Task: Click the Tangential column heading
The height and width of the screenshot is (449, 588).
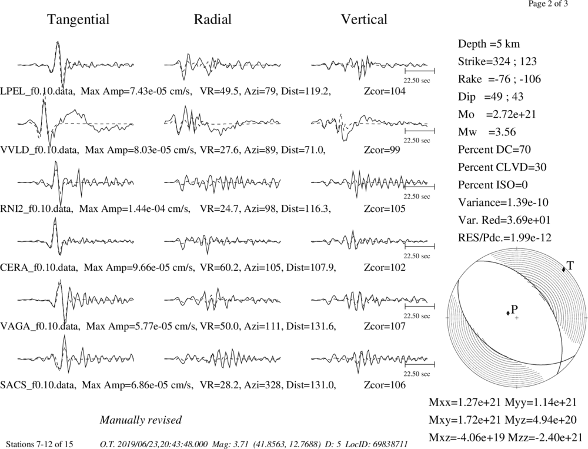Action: (78, 19)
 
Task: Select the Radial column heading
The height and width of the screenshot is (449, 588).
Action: (213, 19)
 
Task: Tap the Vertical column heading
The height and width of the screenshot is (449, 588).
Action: (364, 19)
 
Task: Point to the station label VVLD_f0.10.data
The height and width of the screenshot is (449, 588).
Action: (40, 150)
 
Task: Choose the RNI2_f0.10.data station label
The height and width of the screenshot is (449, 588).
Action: (36, 209)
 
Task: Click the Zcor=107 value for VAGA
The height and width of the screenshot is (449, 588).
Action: (385, 326)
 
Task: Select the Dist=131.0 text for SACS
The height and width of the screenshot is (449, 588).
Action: (311, 385)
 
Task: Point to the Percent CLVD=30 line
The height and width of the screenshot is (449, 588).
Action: (502, 168)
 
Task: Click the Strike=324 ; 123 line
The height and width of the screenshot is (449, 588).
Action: (497, 62)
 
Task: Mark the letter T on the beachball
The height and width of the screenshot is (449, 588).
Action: (570, 266)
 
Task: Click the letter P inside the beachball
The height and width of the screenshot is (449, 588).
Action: (514, 310)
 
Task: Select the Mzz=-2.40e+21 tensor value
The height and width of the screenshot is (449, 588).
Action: (543, 437)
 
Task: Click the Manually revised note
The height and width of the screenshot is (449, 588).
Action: (141, 420)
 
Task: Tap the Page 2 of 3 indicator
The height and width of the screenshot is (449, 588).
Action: (548, 4)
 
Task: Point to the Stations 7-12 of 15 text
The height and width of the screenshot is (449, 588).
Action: (40, 444)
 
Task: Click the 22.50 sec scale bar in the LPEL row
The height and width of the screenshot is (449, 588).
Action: (420, 70)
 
